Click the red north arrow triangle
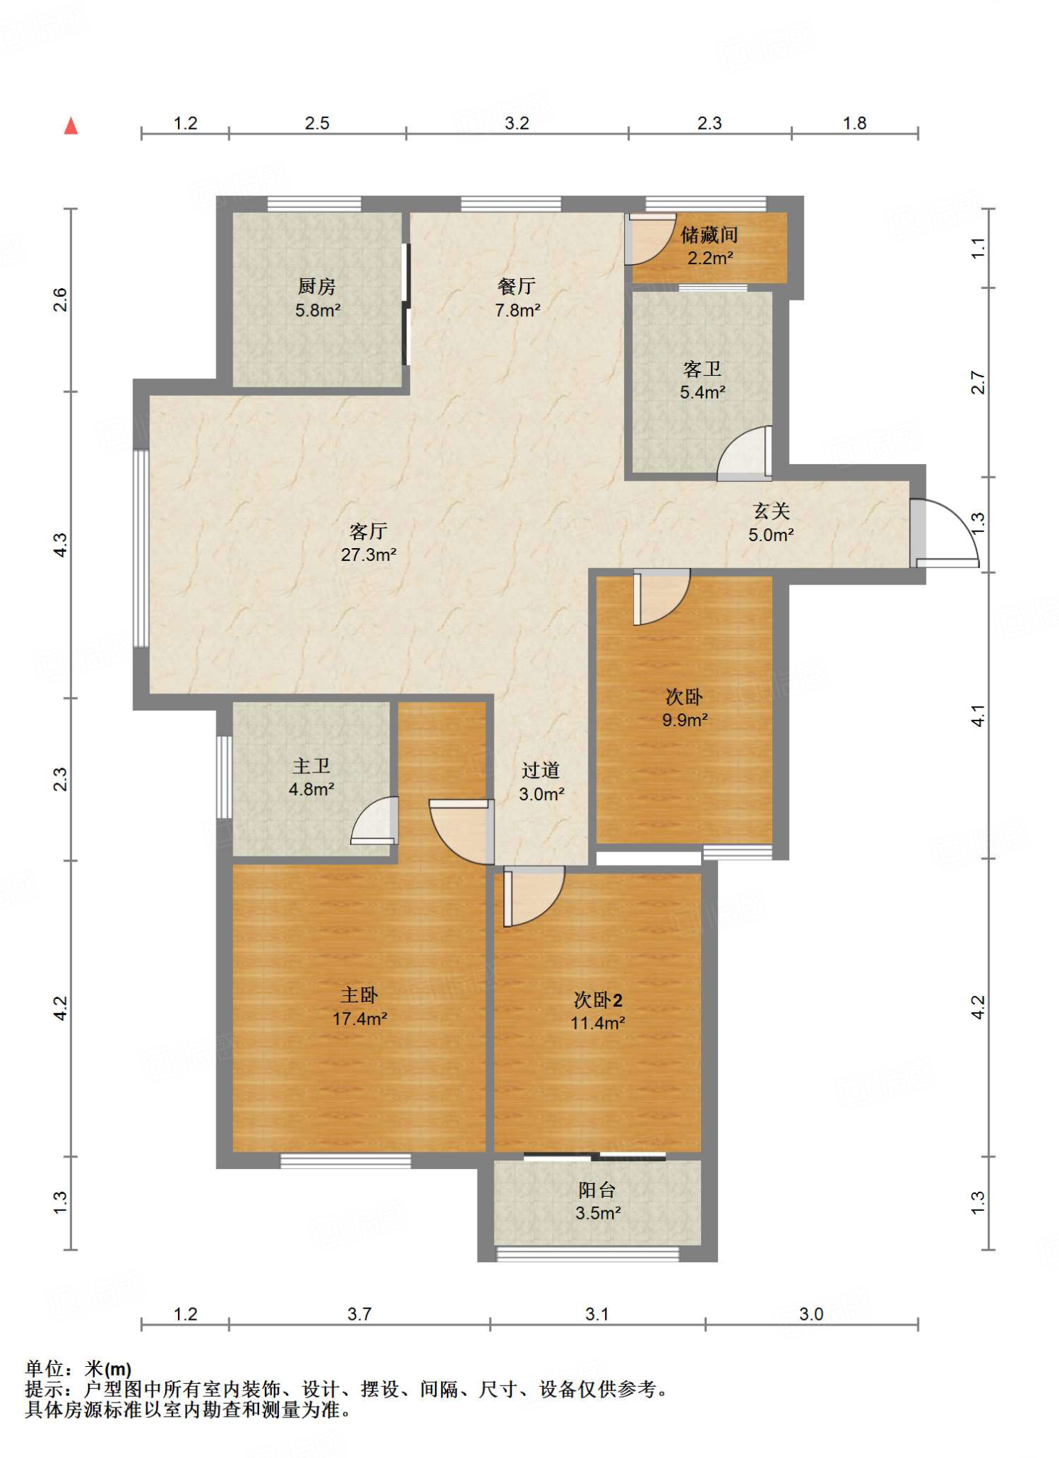pos(70,126)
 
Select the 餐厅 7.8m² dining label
pos(517,298)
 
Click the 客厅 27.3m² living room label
pos(369,542)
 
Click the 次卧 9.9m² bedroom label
pos(685,708)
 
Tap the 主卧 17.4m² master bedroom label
pos(359,1007)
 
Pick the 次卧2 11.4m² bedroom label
pos(598,1011)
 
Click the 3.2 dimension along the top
pos(517,123)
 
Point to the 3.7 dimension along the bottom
pos(359,1314)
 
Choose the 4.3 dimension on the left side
pos(61,545)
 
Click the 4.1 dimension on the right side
pos(979,715)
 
